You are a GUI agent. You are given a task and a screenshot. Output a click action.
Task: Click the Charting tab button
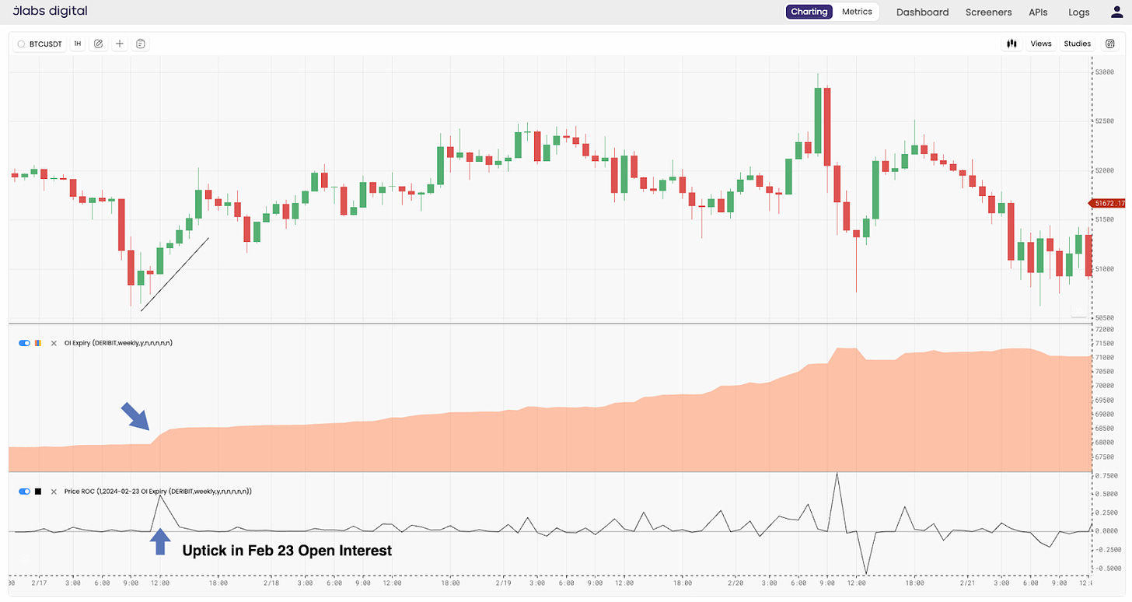tap(809, 12)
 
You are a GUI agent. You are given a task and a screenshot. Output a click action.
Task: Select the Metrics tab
tap(858, 12)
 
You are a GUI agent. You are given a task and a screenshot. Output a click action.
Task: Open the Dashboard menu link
tap(922, 12)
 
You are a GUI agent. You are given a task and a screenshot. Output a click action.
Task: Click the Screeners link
tap(988, 12)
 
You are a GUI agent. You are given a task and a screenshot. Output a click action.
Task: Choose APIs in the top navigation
tap(1038, 12)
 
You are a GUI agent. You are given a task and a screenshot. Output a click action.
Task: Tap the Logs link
tap(1079, 12)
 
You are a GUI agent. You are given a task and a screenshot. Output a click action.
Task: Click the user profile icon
tap(1117, 12)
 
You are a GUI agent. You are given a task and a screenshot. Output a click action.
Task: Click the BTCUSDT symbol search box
tap(40, 44)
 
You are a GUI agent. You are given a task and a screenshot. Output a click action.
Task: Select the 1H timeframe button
tap(78, 44)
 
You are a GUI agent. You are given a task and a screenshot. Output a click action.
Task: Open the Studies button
tap(1077, 44)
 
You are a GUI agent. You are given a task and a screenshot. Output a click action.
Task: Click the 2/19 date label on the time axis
tap(504, 583)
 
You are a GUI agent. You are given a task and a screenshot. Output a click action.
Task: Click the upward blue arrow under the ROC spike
tap(159, 541)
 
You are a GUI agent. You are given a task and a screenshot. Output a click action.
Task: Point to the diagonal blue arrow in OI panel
tap(135, 416)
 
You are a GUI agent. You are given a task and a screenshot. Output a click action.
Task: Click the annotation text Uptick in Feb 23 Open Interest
tap(287, 551)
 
